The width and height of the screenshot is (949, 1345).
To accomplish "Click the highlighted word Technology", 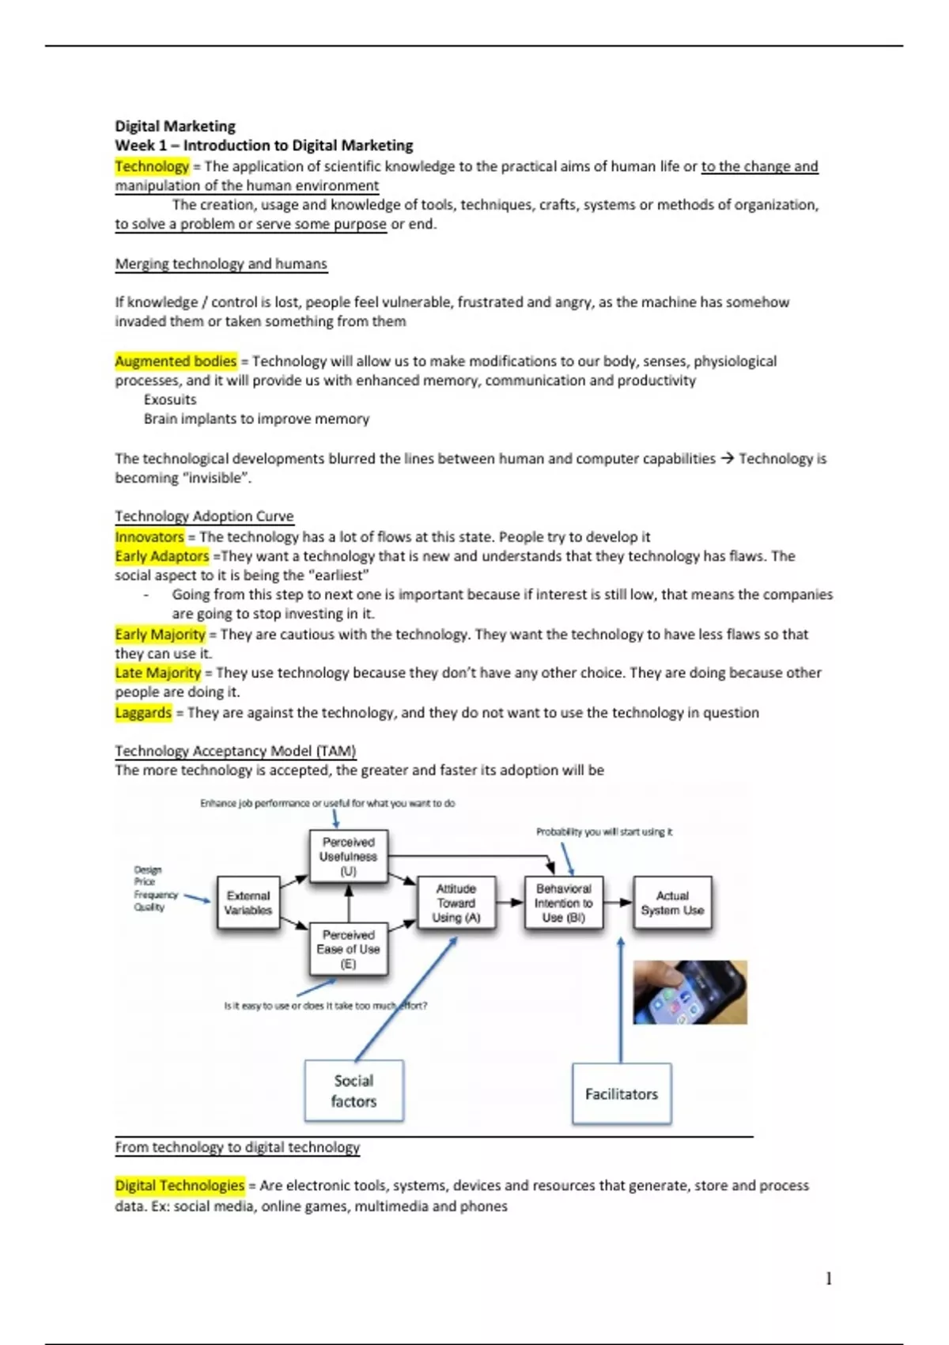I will (152, 166).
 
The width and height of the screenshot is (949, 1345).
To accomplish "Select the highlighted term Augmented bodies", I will (176, 362).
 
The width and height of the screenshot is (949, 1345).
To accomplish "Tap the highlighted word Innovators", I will (149, 537).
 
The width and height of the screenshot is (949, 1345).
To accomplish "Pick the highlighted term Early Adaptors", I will (162, 556).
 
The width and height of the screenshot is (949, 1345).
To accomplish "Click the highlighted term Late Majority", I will (158, 672).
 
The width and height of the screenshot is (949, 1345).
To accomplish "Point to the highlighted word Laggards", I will (143, 713).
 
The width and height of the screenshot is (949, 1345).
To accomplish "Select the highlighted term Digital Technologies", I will (180, 1185).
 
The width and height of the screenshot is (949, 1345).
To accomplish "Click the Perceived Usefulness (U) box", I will (349, 856).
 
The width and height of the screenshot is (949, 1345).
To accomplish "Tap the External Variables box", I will (248, 903).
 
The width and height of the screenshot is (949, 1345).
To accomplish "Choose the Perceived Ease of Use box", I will (349, 949).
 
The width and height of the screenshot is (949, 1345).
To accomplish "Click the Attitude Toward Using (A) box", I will (456, 903).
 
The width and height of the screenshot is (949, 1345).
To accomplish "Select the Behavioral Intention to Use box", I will (564, 903).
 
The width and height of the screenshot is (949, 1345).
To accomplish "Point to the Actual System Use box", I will (672, 903).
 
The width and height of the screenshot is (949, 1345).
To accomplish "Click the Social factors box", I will (354, 1091).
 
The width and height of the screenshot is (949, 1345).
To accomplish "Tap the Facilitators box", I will (622, 1094).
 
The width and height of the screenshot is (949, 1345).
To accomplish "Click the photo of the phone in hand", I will (690, 992).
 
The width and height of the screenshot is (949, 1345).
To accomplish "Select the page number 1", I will (829, 1279).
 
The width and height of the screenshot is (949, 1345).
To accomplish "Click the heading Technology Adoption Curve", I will (204, 517).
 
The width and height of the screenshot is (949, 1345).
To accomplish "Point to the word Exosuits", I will (170, 400).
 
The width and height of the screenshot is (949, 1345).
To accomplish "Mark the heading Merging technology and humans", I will (221, 264).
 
